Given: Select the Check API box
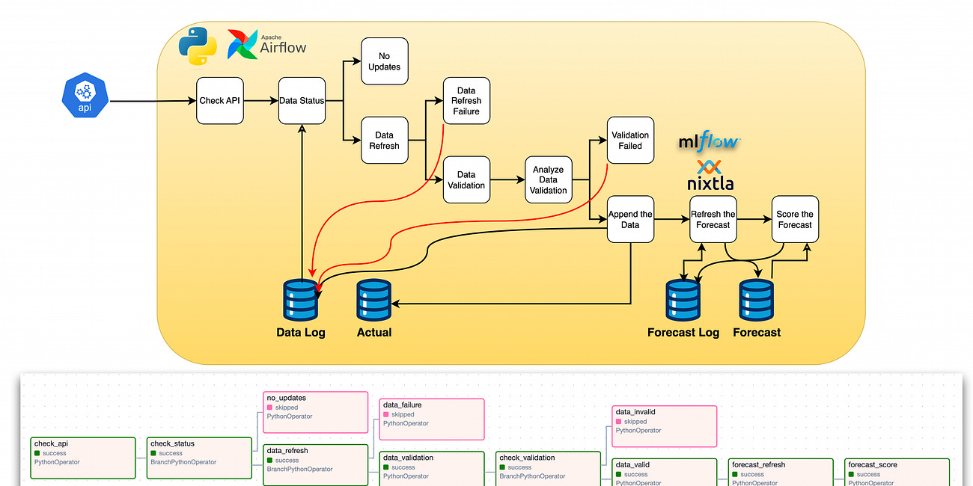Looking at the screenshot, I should click(x=220, y=100).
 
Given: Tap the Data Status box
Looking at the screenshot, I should click(x=302, y=100).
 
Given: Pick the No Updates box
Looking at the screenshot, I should click(x=384, y=61).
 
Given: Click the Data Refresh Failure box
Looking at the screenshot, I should click(x=466, y=101).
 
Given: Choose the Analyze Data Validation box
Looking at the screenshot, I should click(x=548, y=180).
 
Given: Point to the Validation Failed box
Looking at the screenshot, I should click(x=630, y=141).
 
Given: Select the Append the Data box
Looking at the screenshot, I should click(x=630, y=219).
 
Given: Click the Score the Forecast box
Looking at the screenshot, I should click(x=795, y=219).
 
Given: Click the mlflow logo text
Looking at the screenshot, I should click(x=708, y=141).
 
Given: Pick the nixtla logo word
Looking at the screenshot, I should click(x=710, y=182).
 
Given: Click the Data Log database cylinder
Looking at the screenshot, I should click(x=301, y=300).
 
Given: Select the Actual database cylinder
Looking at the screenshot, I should click(x=374, y=300).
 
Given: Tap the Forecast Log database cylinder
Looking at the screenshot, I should click(x=683, y=300).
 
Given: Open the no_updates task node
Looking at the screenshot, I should click(x=315, y=411).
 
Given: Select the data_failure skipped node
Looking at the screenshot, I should click(x=432, y=419).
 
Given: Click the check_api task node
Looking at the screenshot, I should click(x=83, y=458).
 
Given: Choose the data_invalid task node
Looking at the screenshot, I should click(x=665, y=425).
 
